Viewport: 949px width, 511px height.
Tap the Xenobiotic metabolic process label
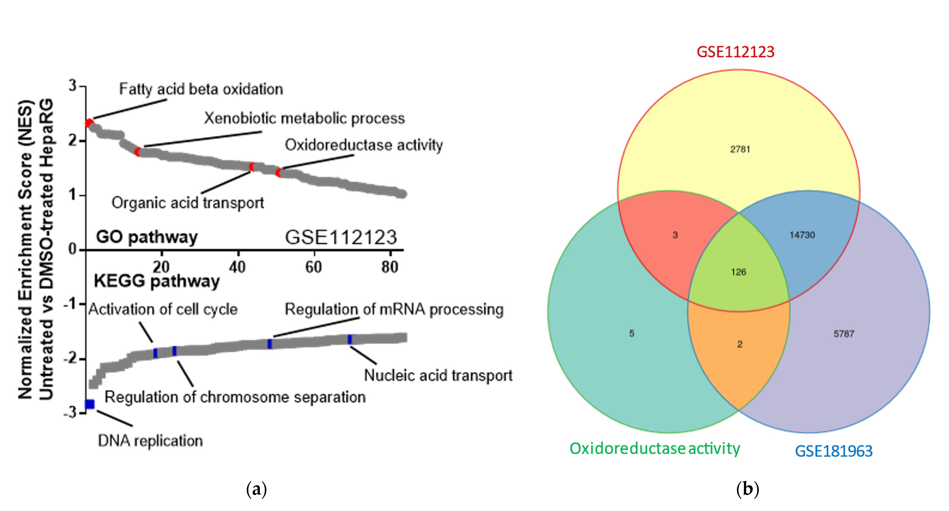click(304, 118)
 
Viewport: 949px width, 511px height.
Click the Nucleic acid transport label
click(438, 375)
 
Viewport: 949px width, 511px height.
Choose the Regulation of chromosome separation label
click(235, 397)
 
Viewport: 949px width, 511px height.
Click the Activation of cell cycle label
click(163, 309)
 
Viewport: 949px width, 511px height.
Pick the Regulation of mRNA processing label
click(394, 309)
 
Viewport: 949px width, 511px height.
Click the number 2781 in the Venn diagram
click(740, 149)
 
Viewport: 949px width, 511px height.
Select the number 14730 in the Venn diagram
click(802, 235)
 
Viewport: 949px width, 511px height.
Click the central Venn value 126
click(738, 272)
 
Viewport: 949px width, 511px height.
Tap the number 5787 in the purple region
click(844, 334)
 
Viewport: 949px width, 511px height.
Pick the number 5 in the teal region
click(631, 333)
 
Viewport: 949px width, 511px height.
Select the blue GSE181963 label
click(833, 451)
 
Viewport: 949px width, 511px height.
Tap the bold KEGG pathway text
click(157, 281)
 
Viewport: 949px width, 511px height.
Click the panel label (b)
click(748, 489)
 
